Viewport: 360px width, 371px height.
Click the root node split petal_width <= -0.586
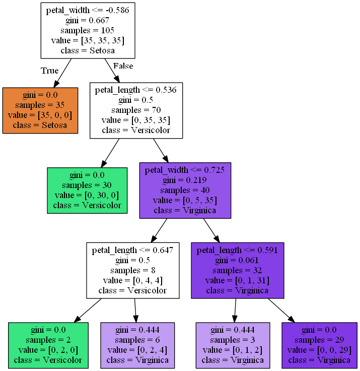point(88,30)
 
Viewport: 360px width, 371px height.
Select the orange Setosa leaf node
point(40,110)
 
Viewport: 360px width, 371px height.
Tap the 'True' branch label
point(49,71)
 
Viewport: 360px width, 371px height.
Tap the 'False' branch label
point(123,66)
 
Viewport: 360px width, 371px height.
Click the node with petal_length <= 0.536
point(136,110)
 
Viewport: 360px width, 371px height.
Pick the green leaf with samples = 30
point(87,190)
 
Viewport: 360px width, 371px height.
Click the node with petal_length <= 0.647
point(133,270)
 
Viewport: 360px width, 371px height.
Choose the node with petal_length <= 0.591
point(238,270)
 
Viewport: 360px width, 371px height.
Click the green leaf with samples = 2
point(48,345)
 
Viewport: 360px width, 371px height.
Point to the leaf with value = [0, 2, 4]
point(137,345)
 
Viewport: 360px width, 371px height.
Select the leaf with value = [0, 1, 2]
point(233,345)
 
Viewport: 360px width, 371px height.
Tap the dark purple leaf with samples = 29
point(319,345)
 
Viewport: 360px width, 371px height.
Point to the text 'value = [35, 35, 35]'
point(88,40)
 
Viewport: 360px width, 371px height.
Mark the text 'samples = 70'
point(136,110)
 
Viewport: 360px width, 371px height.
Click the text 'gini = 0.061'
point(238,260)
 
